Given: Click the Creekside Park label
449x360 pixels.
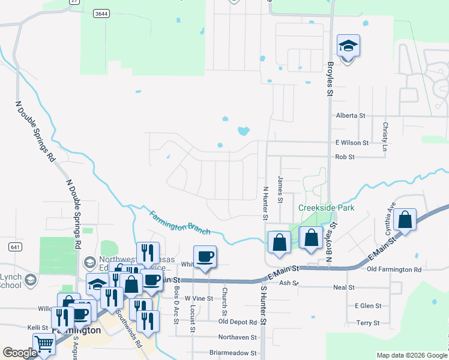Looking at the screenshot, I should (327, 208).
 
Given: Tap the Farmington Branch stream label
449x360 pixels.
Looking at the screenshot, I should (179, 223).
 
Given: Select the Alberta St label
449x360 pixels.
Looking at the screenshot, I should (351, 115).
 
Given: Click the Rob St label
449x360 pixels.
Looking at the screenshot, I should (345, 157).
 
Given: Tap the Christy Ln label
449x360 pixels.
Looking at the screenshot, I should (385, 133).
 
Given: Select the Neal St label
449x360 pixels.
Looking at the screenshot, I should (344, 287).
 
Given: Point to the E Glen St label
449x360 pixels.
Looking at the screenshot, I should (368, 306).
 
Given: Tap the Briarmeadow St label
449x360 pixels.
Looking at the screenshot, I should (233, 353).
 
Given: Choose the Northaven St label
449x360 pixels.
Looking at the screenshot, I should (237, 338).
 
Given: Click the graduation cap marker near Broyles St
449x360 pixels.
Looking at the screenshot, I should (348, 46).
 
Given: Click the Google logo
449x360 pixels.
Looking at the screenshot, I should (20, 353).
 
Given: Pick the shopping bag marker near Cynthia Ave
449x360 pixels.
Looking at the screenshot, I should (406, 221).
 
